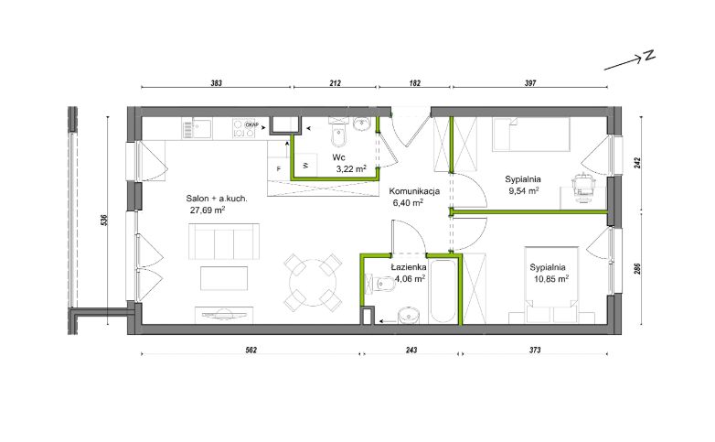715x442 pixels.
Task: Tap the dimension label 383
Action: click(x=216, y=83)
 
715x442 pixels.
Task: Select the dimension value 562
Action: click(x=251, y=350)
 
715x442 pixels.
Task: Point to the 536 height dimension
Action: click(x=103, y=221)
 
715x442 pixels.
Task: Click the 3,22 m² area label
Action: click(x=351, y=169)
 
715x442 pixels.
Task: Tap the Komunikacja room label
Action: click(x=414, y=191)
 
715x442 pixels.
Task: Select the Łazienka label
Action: click(x=409, y=267)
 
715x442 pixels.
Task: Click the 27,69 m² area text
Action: click(x=208, y=210)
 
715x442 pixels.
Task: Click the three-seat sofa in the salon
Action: click(x=224, y=242)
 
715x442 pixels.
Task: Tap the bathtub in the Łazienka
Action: click(x=443, y=291)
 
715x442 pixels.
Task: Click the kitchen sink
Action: click(x=197, y=128)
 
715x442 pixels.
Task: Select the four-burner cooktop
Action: click(x=244, y=128)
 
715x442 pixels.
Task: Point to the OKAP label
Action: click(x=252, y=124)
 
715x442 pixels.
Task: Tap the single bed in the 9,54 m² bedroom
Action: click(x=531, y=135)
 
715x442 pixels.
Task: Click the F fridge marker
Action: click(x=279, y=168)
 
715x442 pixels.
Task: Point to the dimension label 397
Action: click(x=530, y=83)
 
